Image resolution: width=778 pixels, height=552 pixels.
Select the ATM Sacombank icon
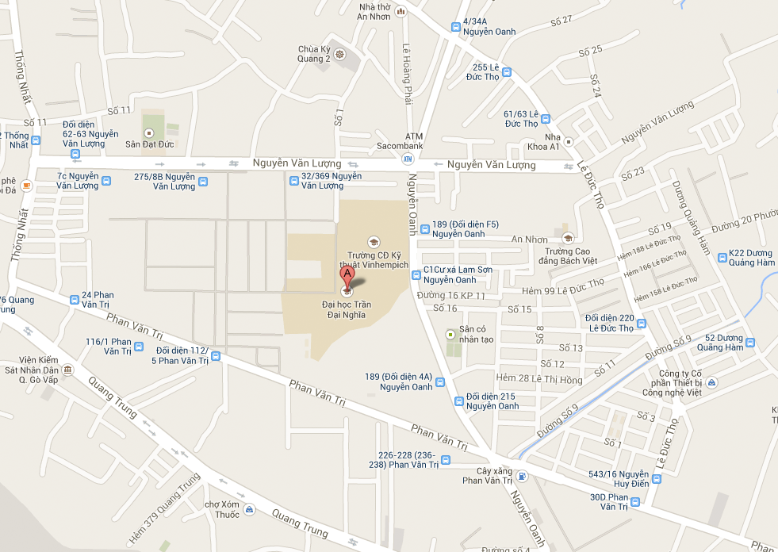click(409, 158)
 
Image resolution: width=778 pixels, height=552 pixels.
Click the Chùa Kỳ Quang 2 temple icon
click(339, 55)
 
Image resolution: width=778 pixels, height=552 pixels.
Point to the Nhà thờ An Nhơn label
click(374, 10)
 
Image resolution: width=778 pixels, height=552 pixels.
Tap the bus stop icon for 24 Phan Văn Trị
click(75, 300)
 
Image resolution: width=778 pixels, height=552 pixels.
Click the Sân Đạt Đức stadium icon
click(148, 131)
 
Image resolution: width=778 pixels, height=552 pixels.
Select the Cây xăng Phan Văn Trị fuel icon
click(521, 476)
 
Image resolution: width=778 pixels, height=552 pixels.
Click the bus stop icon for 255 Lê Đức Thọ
click(506, 72)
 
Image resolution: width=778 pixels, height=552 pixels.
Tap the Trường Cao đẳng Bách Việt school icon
click(567, 238)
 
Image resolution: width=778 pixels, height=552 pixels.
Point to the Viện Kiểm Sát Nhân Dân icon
click(67, 370)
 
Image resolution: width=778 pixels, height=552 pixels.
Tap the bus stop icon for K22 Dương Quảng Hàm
click(722, 257)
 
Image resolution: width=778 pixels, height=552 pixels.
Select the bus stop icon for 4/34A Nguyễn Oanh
click(455, 27)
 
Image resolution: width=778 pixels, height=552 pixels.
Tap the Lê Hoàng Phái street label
click(408, 73)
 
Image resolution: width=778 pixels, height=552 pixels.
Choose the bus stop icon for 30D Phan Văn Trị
click(635, 501)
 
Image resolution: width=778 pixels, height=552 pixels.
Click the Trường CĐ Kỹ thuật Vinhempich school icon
click(374, 242)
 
